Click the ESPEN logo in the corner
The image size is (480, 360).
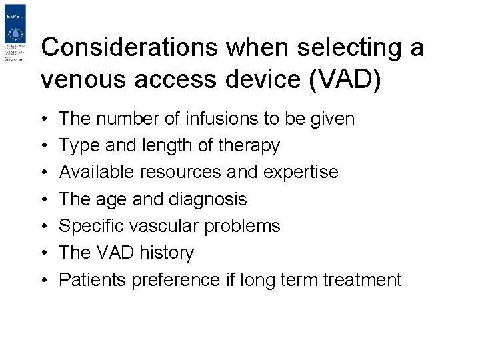pos(15,33)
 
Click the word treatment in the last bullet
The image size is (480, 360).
pos(362,279)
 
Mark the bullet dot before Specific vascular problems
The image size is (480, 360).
pos(43,226)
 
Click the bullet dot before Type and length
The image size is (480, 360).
pos(43,145)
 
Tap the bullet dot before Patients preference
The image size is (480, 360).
pos(43,280)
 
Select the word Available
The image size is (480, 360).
pos(96,172)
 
